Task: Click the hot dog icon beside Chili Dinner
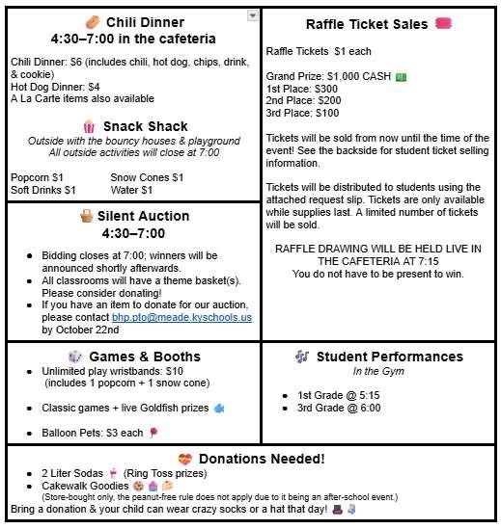tap(92, 21)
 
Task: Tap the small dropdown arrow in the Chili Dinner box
tap(253, 15)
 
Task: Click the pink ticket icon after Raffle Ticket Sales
tap(443, 23)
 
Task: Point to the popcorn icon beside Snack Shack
tap(89, 126)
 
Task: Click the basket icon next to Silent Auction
tap(87, 216)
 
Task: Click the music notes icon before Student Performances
tap(302, 357)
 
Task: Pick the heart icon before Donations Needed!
tap(185, 458)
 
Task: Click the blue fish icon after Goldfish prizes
tap(219, 408)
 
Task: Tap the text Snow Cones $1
tap(147, 177)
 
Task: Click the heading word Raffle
tap(327, 24)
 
